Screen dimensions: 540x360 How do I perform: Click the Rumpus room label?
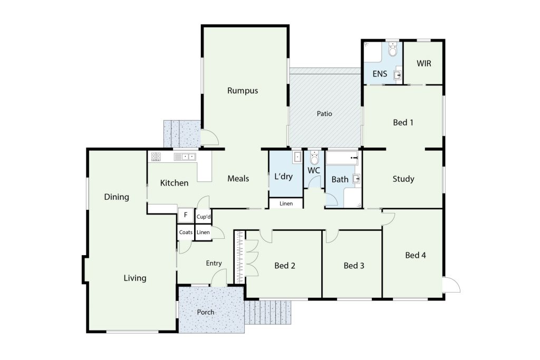(x=243, y=91)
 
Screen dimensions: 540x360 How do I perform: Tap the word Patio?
(x=324, y=113)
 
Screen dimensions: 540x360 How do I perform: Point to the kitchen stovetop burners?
(x=156, y=157)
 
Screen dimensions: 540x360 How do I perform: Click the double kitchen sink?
(x=185, y=157)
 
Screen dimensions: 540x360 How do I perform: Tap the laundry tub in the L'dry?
(x=297, y=157)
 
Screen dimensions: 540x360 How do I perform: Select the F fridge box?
(x=185, y=216)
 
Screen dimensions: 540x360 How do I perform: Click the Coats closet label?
(x=186, y=232)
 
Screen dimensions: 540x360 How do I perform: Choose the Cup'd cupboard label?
(x=203, y=217)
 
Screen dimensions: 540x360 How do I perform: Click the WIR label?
(x=423, y=63)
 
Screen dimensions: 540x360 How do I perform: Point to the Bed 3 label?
(x=354, y=266)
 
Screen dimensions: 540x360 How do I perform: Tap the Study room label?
(x=403, y=179)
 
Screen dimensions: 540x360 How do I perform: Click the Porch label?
(x=206, y=312)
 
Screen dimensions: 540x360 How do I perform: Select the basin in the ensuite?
(x=398, y=75)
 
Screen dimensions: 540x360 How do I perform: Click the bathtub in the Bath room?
(x=343, y=158)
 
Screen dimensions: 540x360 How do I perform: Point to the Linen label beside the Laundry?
(x=286, y=204)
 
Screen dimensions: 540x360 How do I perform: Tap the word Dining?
(x=117, y=197)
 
